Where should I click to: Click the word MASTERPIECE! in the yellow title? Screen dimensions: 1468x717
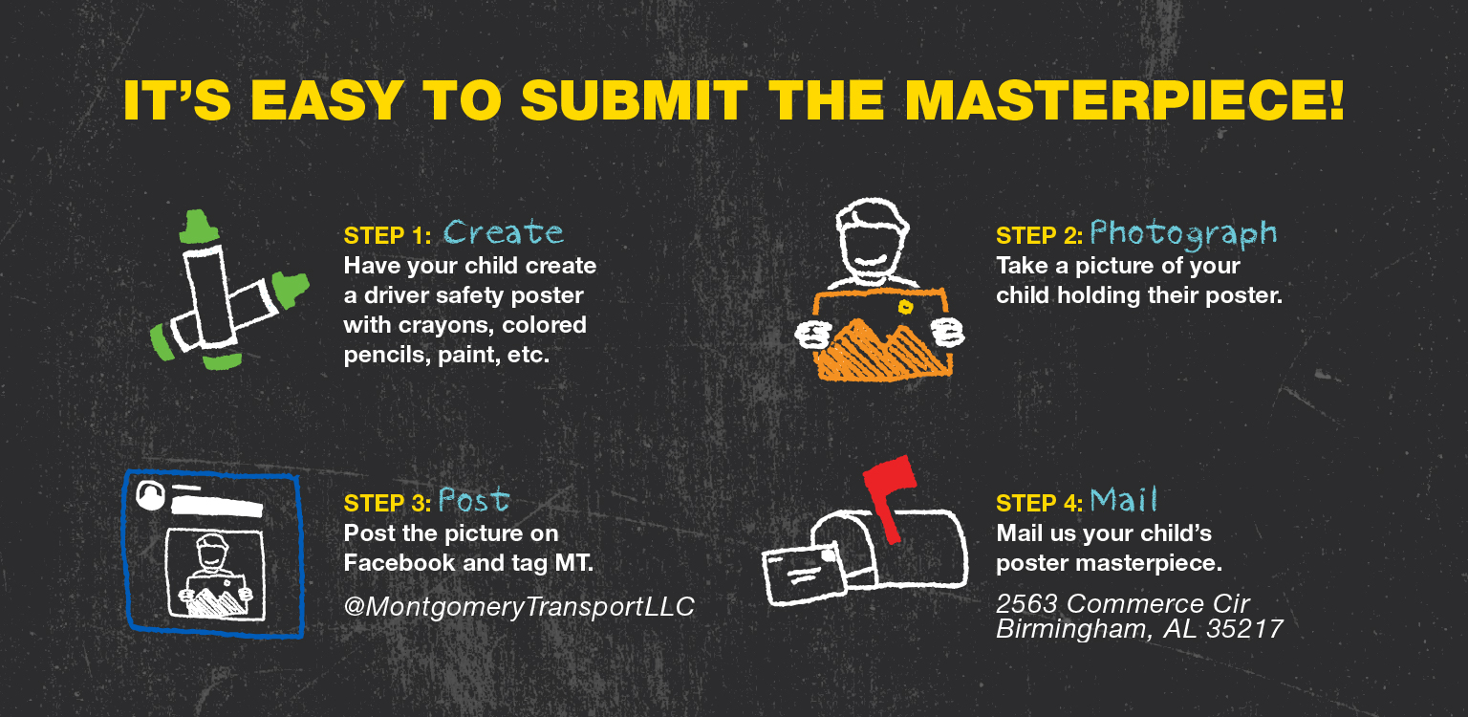click(x=1125, y=100)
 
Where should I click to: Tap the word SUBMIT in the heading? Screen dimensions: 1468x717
click(x=635, y=100)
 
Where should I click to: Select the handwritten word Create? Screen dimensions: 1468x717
click(x=504, y=232)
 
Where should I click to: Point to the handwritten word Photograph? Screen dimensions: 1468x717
click(x=1183, y=234)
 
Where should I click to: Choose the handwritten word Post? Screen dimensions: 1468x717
click(x=474, y=501)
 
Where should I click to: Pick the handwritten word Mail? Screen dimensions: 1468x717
click(x=1123, y=500)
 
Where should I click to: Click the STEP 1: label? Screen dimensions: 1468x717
click(x=387, y=236)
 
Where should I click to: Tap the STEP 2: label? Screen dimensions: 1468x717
click(x=1039, y=236)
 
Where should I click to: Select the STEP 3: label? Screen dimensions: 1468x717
click(x=387, y=504)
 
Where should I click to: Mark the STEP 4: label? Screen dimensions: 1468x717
click(x=1039, y=504)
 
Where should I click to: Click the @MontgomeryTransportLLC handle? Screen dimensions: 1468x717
click(x=519, y=607)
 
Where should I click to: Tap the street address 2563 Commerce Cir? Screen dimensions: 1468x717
click(x=1123, y=603)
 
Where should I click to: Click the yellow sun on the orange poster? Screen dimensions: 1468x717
click(x=906, y=307)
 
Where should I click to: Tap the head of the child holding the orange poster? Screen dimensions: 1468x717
click(x=872, y=240)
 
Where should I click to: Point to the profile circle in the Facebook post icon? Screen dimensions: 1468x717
click(x=150, y=495)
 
